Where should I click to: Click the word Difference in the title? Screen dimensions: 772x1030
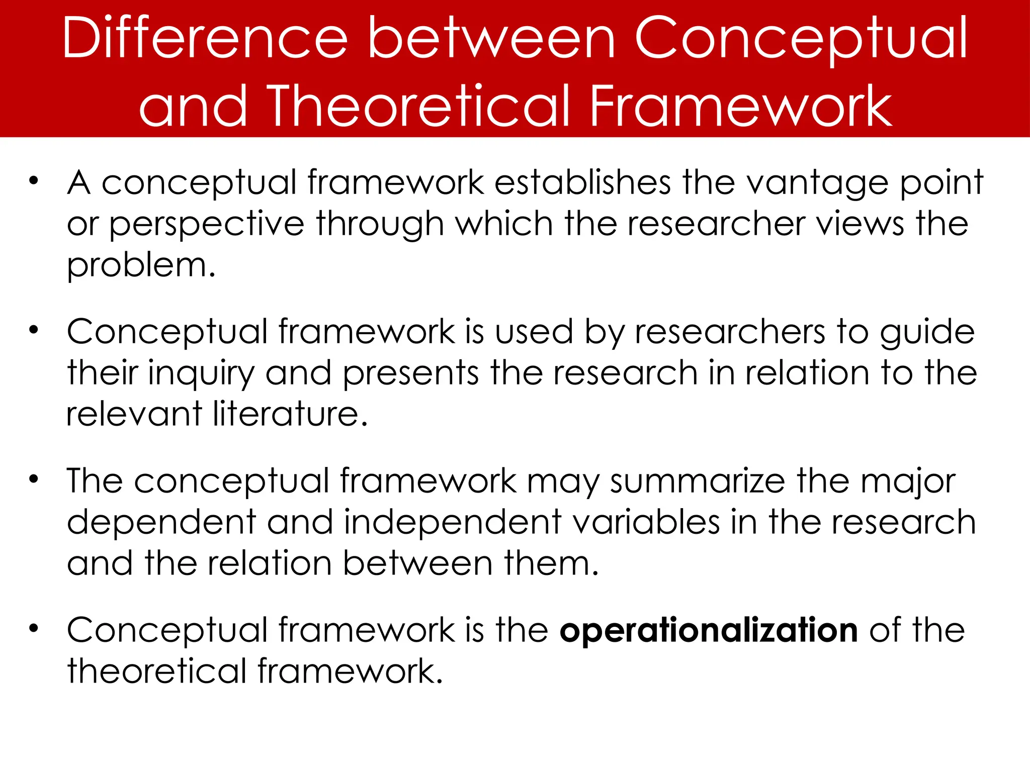205,39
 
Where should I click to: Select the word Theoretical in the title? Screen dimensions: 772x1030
420,106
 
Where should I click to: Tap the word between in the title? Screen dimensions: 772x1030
492,39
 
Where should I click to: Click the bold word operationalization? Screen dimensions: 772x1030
709,630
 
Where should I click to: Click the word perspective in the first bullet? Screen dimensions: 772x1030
207,225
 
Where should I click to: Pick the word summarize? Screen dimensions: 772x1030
698,481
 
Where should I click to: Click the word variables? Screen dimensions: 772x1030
646,522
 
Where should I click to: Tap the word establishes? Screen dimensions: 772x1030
582,182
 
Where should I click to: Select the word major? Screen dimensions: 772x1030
908,482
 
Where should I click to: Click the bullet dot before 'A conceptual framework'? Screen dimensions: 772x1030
34,181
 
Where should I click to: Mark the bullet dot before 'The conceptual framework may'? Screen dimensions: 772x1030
34,479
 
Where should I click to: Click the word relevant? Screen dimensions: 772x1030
134,414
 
